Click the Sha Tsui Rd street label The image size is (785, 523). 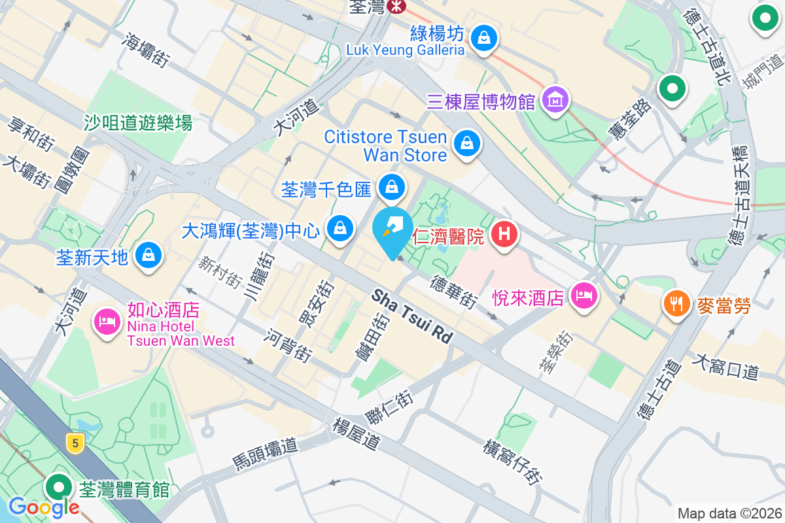412,317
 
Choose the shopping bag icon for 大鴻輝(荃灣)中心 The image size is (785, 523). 340,228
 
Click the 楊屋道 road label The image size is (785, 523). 357,433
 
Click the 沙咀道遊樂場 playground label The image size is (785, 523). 138,122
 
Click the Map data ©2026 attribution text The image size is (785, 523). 729,513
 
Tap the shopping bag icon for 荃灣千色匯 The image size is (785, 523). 391,187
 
